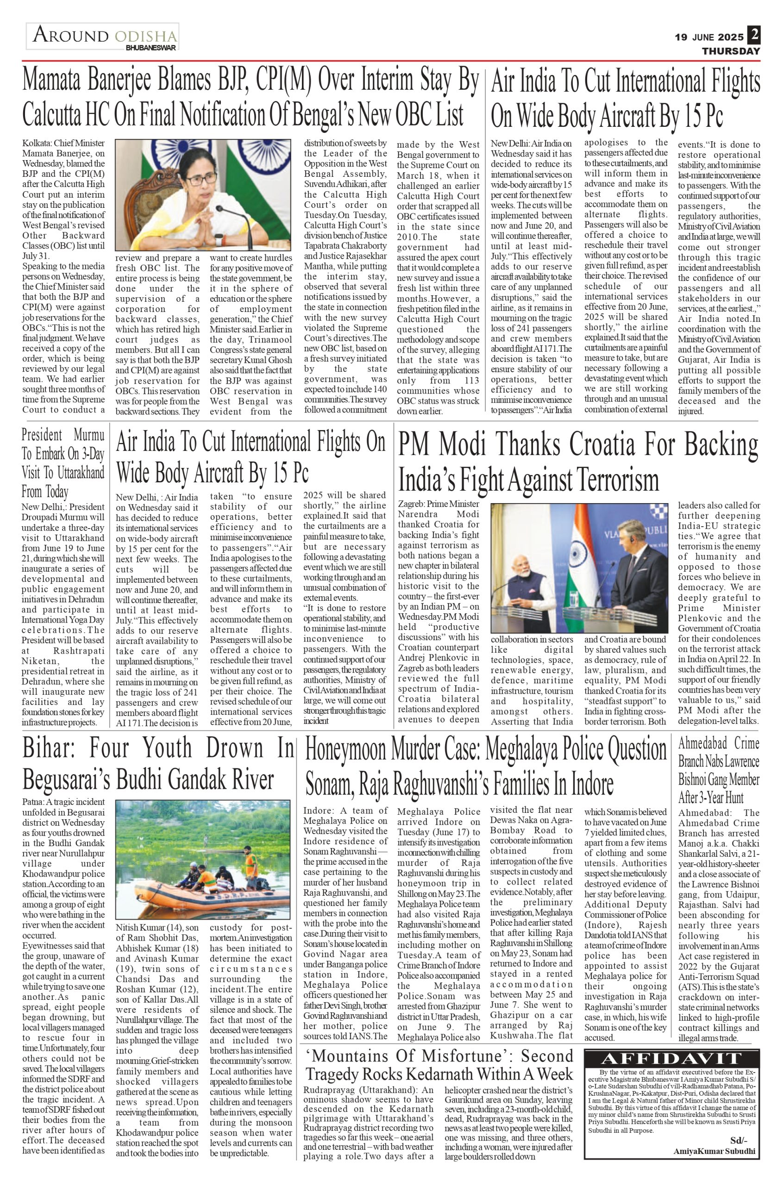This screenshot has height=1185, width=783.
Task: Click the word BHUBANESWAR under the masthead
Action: tap(151, 48)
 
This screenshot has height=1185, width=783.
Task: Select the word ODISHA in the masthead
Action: tap(145, 37)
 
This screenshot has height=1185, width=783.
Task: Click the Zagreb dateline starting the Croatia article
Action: tap(410, 504)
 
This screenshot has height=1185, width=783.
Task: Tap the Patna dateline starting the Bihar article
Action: tap(32, 803)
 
